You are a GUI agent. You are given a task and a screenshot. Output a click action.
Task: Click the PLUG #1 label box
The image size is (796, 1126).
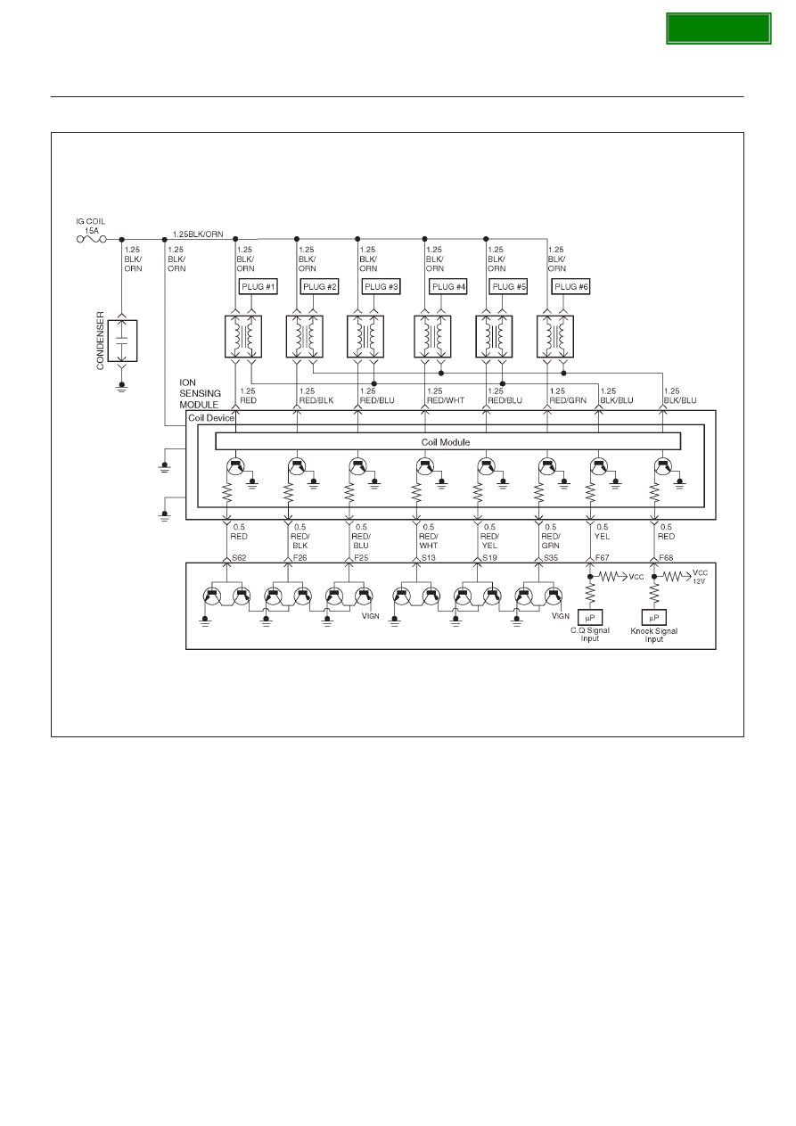coord(258,286)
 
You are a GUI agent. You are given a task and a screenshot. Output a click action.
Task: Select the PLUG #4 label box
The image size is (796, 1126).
coord(448,286)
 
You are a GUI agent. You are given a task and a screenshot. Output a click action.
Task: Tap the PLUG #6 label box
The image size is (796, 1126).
coord(570,286)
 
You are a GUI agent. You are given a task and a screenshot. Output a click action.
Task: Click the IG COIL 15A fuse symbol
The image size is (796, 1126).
coord(92,239)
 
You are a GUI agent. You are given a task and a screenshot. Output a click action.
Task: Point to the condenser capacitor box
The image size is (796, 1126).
coord(121,341)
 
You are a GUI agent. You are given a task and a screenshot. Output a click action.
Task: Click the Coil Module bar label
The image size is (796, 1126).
coord(445,442)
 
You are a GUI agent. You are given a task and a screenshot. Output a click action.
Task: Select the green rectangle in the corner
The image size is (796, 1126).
coord(718,29)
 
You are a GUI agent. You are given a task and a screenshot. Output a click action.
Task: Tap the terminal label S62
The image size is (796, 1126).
coord(239,557)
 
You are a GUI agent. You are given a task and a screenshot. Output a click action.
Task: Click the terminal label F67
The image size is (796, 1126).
coord(602,557)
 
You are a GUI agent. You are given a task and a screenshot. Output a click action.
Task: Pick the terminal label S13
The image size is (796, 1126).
coord(429,557)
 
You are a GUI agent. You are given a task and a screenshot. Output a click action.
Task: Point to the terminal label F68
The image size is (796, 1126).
coord(666,557)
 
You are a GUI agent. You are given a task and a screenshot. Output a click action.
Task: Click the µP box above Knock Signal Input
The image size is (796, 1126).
coord(653,618)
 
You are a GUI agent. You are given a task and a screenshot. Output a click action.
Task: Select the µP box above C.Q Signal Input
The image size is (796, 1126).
coord(590,617)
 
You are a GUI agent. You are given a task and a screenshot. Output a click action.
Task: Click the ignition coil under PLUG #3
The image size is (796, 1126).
coord(365,336)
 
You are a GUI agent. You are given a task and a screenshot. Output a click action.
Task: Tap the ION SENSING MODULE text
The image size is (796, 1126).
coord(200,393)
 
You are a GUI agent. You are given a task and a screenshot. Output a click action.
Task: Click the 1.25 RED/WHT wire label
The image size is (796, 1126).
coord(445,396)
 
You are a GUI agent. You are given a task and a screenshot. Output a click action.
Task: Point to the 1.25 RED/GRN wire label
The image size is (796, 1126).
coord(568,396)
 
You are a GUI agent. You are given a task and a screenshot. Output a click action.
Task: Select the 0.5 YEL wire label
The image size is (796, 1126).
coord(602,532)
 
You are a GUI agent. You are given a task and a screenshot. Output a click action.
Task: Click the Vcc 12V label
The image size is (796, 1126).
coord(700,577)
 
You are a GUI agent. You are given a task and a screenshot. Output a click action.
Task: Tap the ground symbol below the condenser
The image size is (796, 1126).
coord(121,387)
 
